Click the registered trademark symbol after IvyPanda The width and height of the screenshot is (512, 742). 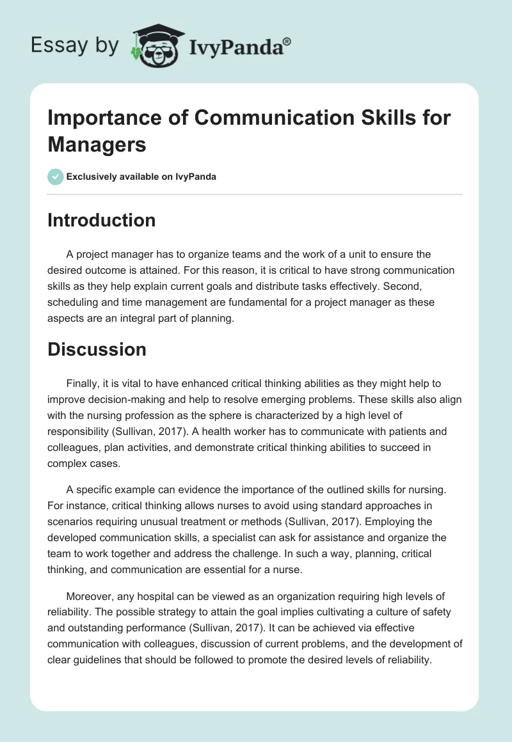(287, 42)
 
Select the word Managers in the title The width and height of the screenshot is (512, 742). (97, 144)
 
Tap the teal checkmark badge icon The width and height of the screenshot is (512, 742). (56, 177)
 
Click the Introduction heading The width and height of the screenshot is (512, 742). (101, 220)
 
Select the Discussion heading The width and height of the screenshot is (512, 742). (97, 349)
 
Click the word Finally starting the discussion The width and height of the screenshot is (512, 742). (84, 384)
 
